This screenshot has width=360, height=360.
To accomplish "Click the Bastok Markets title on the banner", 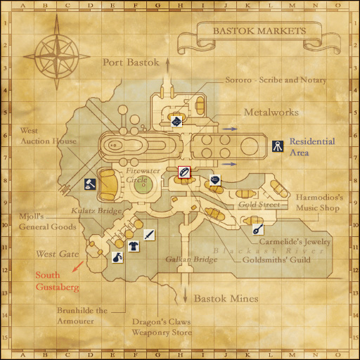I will (260, 31).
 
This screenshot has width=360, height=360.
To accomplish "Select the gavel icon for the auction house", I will (91, 184).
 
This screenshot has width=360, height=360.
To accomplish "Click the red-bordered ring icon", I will (183, 171).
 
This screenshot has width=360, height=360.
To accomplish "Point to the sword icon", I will (149, 235).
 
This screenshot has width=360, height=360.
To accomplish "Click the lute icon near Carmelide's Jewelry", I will (258, 229).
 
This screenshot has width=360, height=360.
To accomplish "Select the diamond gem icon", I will (214, 180).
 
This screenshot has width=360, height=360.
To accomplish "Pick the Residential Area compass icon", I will (278, 146).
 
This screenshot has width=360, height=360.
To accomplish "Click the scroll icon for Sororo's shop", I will (176, 122).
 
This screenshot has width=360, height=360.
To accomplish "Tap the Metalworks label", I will (271, 112).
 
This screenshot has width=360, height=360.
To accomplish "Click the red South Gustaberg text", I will (58, 281).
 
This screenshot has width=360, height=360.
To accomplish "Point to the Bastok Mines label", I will (226, 299).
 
